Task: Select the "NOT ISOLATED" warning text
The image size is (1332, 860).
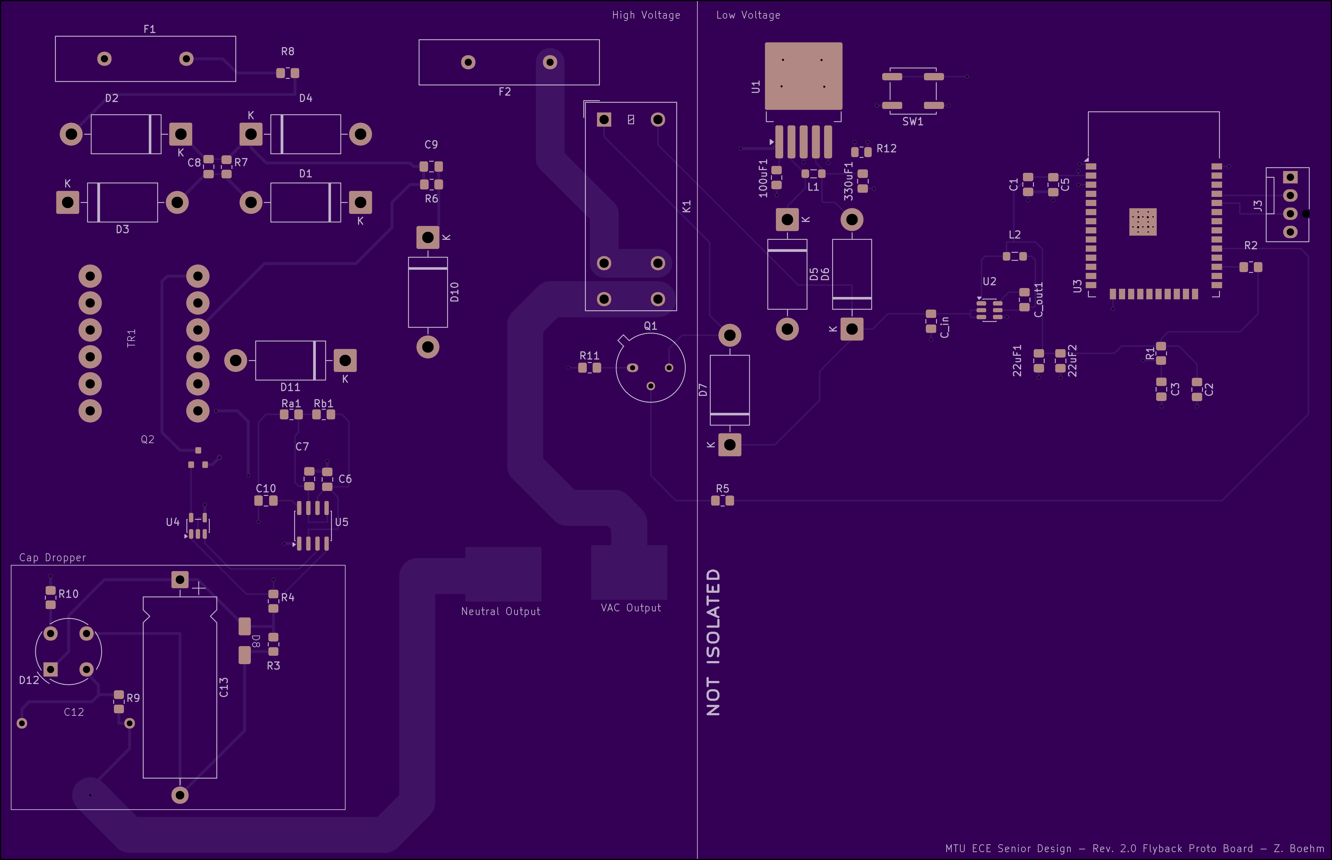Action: tap(713, 642)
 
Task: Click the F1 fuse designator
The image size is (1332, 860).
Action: tap(149, 29)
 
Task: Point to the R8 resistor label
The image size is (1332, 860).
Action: tap(288, 51)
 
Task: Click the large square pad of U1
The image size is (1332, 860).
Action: tap(803, 76)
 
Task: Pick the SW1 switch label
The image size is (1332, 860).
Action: tap(913, 121)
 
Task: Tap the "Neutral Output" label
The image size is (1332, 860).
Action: tap(500, 611)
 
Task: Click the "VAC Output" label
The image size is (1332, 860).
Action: tap(631, 608)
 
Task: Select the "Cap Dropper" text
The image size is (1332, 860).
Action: tap(53, 557)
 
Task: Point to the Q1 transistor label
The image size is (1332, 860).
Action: tap(650, 326)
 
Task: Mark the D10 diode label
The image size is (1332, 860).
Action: tap(455, 292)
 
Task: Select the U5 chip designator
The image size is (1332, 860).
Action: tap(341, 522)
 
